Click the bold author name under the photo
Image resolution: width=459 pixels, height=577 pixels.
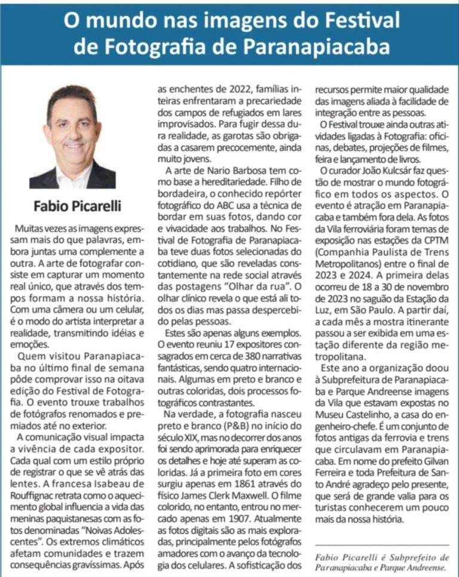(76, 206)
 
